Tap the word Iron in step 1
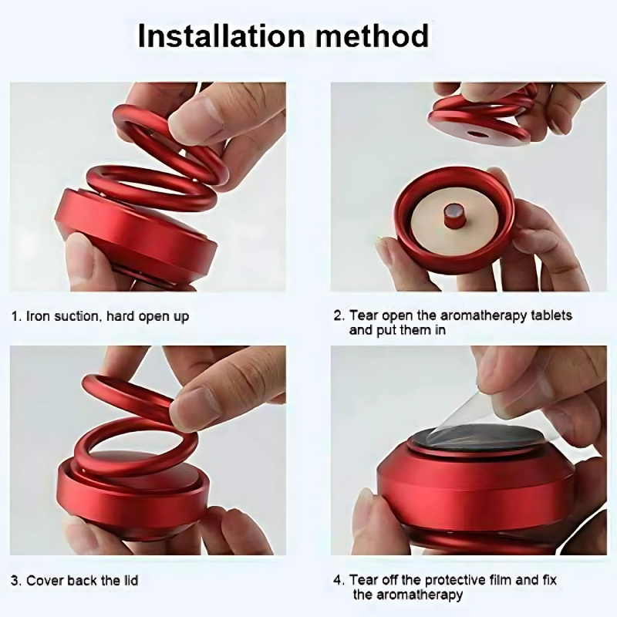click(38, 315)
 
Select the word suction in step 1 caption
click(78, 315)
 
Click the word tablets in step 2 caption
click(548, 315)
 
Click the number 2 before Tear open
click(337, 315)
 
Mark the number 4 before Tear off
click(337, 579)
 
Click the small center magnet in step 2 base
click(453, 215)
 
